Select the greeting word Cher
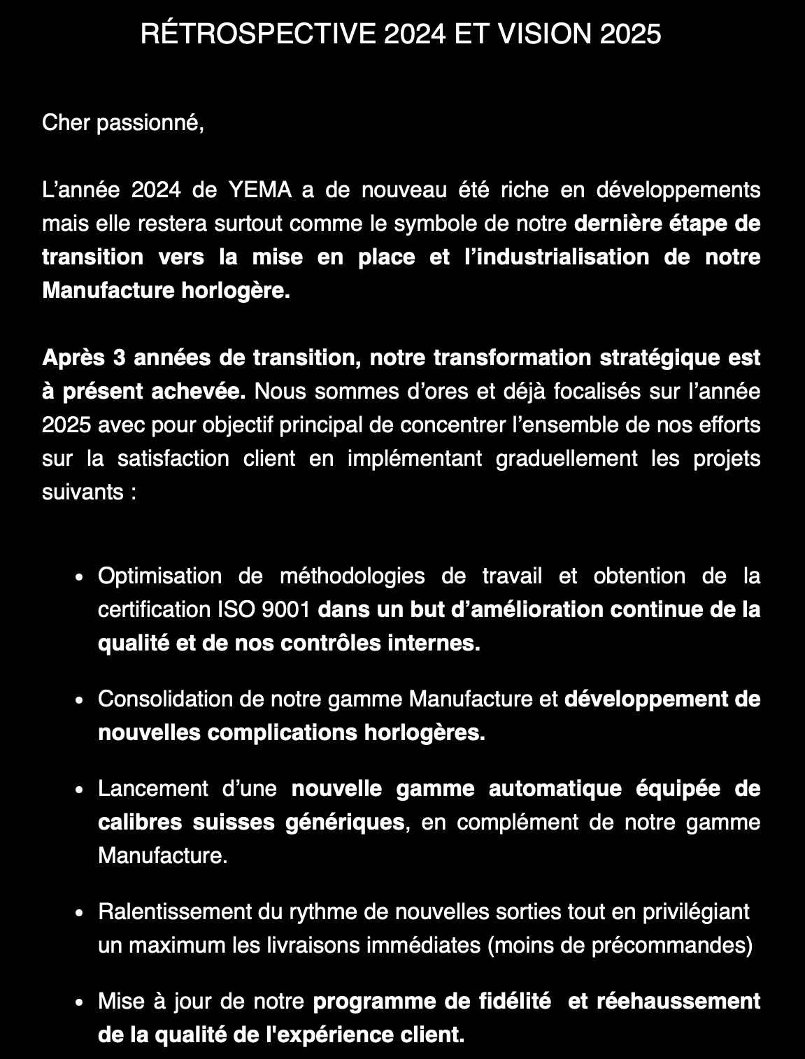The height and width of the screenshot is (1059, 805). [66, 123]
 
